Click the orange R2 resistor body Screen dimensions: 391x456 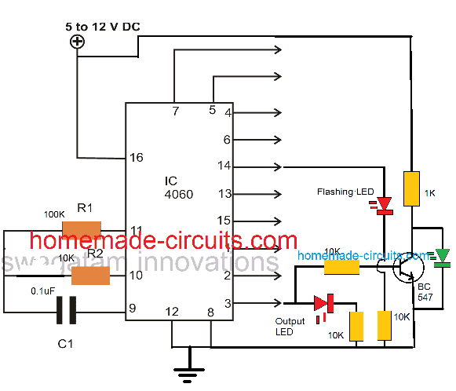[90, 276]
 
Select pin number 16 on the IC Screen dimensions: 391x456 [136, 158]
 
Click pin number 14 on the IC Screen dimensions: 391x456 [226, 167]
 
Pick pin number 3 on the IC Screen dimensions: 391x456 [227, 302]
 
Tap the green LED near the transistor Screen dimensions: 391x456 [443, 255]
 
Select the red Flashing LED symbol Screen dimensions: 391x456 [384, 205]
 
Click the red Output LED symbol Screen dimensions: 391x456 [323, 302]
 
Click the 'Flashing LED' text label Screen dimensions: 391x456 [345, 192]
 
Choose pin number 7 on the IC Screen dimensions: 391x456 [175, 111]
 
